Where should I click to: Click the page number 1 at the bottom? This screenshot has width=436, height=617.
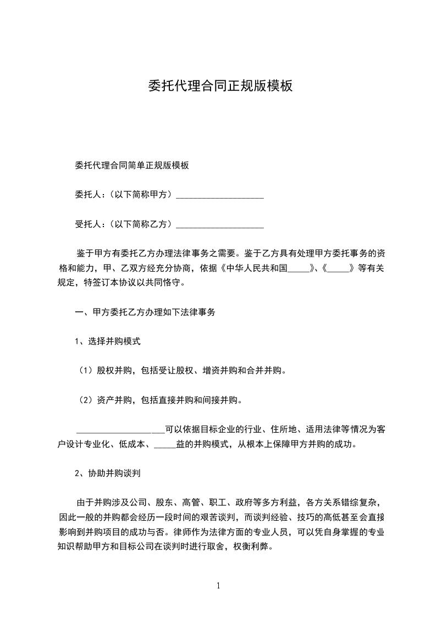[218, 586]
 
